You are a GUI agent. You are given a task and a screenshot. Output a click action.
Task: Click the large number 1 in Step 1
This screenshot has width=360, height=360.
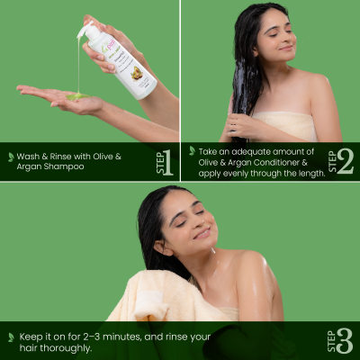167,162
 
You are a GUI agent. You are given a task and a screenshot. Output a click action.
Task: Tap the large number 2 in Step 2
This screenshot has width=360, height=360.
346,160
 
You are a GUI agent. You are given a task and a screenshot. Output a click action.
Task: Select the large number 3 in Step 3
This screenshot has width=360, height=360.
346,339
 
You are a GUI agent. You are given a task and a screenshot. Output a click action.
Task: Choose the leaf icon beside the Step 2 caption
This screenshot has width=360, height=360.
192,150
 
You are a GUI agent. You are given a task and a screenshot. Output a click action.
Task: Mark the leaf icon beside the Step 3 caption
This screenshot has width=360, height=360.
11,336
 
